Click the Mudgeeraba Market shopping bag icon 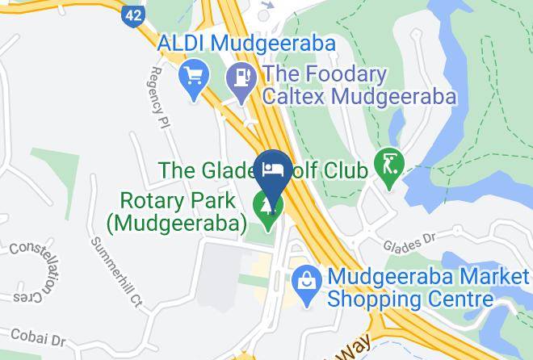tap(307, 279)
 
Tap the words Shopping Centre tap(409, 300)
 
